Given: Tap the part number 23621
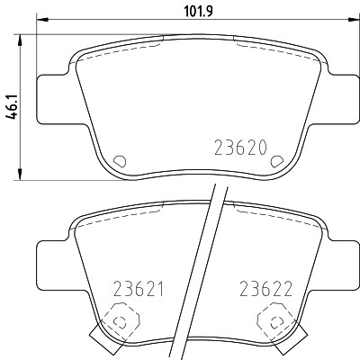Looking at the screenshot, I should (x=139, y=290).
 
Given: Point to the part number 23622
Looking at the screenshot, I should (x=269, y=290).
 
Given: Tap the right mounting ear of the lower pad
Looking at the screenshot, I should (x=335, y=267).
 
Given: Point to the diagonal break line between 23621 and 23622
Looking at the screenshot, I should (x=200, y=270).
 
